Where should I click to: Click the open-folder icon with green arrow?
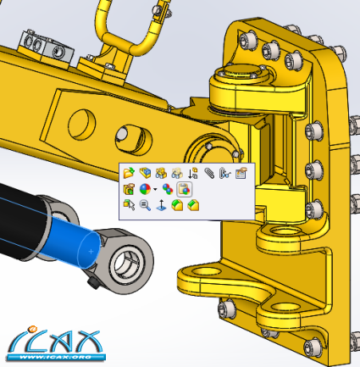point(129,173)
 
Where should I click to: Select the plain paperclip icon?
point(209,173)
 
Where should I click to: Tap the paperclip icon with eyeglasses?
point(225,173)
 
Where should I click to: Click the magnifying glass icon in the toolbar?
point(145,205)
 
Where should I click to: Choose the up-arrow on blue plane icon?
point(161,205)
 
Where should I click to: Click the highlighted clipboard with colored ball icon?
point(185,189)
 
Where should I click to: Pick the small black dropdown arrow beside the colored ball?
point(155,189)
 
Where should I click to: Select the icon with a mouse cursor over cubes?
point(129,205)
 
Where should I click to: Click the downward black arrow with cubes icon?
point(193,173)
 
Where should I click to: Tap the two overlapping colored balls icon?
point(168,189)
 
